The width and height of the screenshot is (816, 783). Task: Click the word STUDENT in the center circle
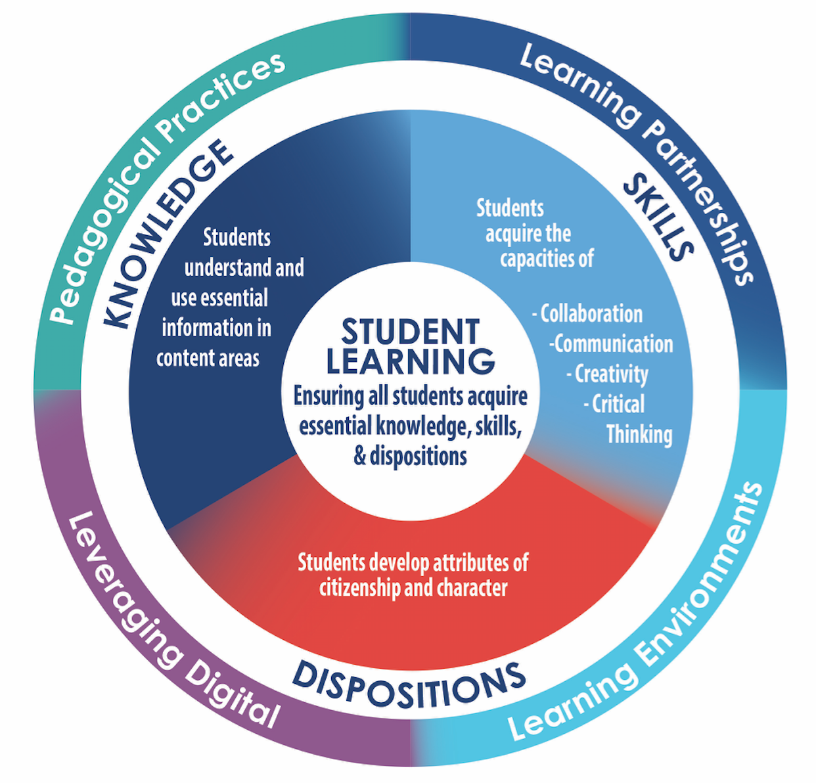411,332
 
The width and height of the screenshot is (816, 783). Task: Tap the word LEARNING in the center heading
411,361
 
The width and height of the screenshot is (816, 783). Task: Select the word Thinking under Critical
639,434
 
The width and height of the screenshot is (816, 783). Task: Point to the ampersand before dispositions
360,456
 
